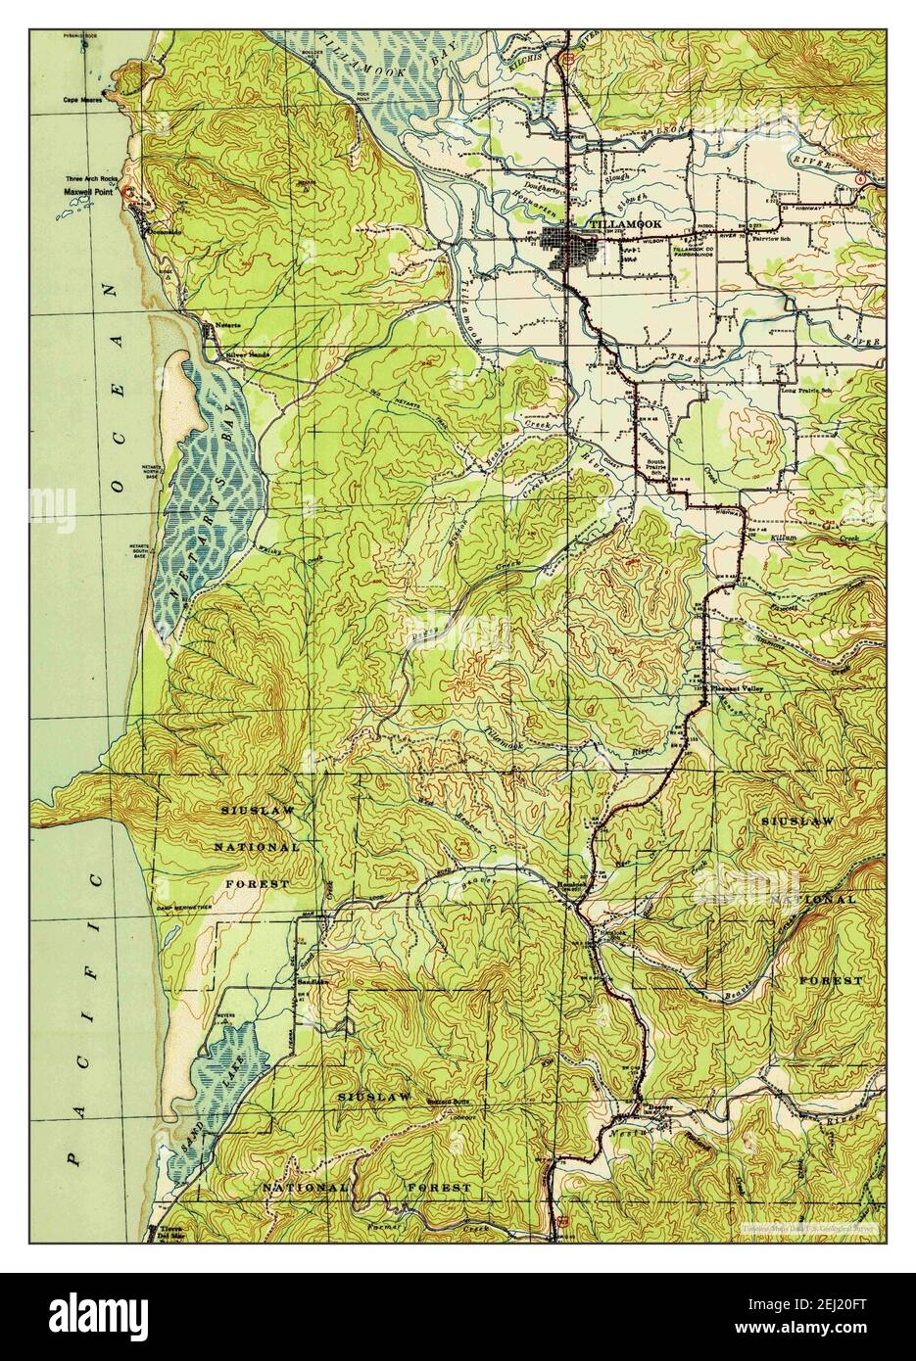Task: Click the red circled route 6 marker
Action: [859, 179]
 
